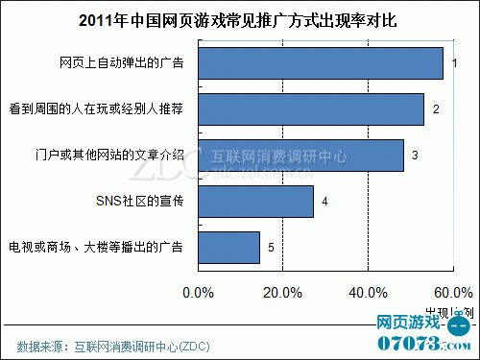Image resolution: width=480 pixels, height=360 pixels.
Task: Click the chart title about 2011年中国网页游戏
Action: pos(240,19)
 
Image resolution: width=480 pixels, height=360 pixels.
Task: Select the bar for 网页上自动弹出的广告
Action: pos(321,63)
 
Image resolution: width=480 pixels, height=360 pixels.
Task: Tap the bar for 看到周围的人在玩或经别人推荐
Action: pos(311,109)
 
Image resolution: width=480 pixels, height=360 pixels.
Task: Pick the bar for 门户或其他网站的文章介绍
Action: pos(300,155)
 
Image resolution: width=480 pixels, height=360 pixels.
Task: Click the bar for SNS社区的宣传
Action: pos(255,202)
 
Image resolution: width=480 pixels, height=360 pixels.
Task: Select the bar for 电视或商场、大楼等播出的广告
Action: pos(228,248)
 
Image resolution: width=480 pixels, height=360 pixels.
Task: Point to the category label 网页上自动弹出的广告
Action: pos(121,64)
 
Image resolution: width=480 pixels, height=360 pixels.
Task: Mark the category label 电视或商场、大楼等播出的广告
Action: pos(96,248)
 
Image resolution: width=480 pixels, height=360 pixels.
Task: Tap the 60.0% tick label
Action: pos(449,291)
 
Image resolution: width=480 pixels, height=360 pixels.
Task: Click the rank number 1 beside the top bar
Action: pos(455,63)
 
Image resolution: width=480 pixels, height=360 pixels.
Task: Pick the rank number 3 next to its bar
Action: pos(415,155)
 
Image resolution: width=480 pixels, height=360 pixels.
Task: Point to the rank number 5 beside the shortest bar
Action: pos(271,248)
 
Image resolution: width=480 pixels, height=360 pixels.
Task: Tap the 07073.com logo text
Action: pos(419,342)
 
